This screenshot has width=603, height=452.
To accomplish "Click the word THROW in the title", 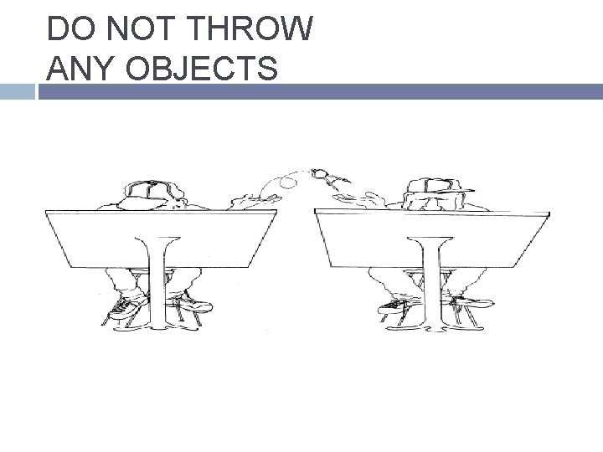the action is (251, 28).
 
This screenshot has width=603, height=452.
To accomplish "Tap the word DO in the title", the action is (70, 28).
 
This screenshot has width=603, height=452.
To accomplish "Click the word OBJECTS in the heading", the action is (202, 68).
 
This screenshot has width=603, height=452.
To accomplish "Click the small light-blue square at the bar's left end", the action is (18, 91).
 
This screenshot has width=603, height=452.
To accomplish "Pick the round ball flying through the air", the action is (288, 182).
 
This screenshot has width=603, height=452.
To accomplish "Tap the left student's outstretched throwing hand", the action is (255, 201).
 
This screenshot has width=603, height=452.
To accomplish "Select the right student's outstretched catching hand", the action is (358, 199).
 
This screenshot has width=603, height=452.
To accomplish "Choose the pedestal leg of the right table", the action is (430, 284).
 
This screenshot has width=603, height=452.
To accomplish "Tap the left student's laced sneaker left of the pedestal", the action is (127, 306).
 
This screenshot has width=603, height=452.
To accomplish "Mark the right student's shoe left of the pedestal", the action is (395, 306).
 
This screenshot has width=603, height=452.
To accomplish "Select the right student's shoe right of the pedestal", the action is (473, 302).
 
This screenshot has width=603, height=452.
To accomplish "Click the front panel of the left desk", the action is (161, 239).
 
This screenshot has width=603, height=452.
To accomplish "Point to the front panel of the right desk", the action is (431, 239).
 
